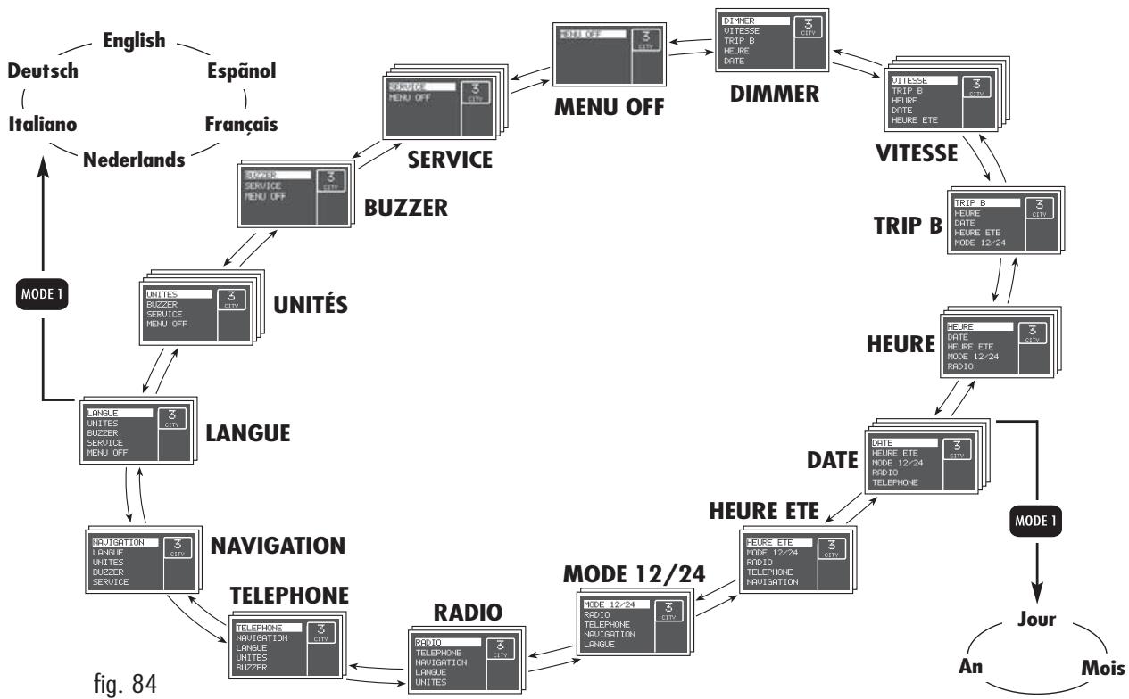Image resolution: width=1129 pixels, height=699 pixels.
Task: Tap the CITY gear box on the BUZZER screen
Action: click(x=331, y=181)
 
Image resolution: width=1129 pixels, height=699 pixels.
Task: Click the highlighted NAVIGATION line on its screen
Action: click(x=125, y=541)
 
